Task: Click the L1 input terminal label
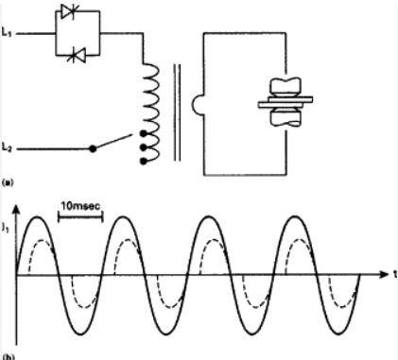click(9, 33)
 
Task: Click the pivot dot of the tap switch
click(92, 148)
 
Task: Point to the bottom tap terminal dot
click(144, 160)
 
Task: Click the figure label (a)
click(9, 179)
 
